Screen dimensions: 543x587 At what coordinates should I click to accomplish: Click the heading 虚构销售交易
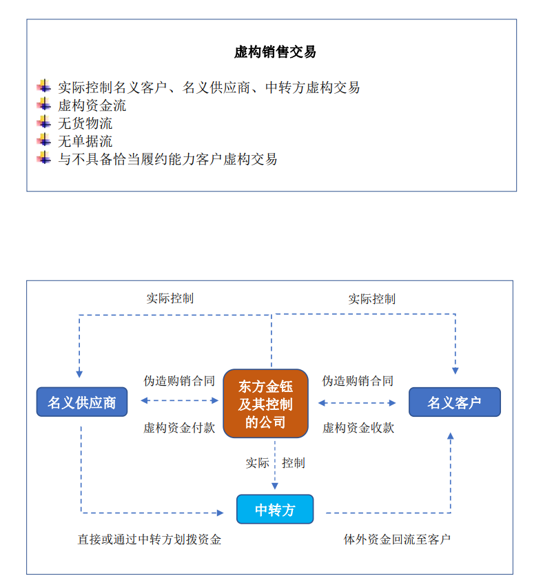click(x=275, y=52)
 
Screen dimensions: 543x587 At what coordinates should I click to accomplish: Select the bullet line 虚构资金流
click(x=92, y=105)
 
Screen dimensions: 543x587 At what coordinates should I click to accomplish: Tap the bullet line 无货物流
click(x=85, y=123)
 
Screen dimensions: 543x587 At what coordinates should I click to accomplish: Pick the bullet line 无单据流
click(x=85, y=141)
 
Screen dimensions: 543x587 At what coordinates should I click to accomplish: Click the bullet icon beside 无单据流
click(x=44, y=141)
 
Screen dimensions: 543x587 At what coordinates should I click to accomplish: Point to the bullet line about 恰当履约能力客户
click(x=167, y=159)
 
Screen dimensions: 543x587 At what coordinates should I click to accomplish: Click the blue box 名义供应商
click(x=82, y=402)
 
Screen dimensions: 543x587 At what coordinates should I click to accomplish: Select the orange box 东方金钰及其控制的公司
click(x=265, y=404)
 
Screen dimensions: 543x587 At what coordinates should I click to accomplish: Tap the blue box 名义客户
click(x=454, y=402)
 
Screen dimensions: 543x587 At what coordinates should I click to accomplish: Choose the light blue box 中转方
click(x=275, y=510)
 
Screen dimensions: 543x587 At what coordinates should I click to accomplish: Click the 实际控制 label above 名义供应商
click(x=170, y=298)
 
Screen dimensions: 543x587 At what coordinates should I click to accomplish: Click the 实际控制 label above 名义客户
click(x=371, y=299)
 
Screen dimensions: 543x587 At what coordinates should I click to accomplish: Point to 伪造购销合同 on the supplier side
click(x=179, y=380)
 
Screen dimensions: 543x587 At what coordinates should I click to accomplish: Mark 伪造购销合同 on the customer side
click(x=358, y=380)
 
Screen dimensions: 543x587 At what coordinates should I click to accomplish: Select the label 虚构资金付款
click(x=179, y=427)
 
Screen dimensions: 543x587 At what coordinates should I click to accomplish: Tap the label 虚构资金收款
click(x=358, y=427)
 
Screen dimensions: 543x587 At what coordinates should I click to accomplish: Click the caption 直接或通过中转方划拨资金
click(x=149, y=539)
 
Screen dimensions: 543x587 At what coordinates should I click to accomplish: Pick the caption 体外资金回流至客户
click(x=397, y=539)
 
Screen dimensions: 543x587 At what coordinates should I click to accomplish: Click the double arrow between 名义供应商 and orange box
click(x=179, y=400)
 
